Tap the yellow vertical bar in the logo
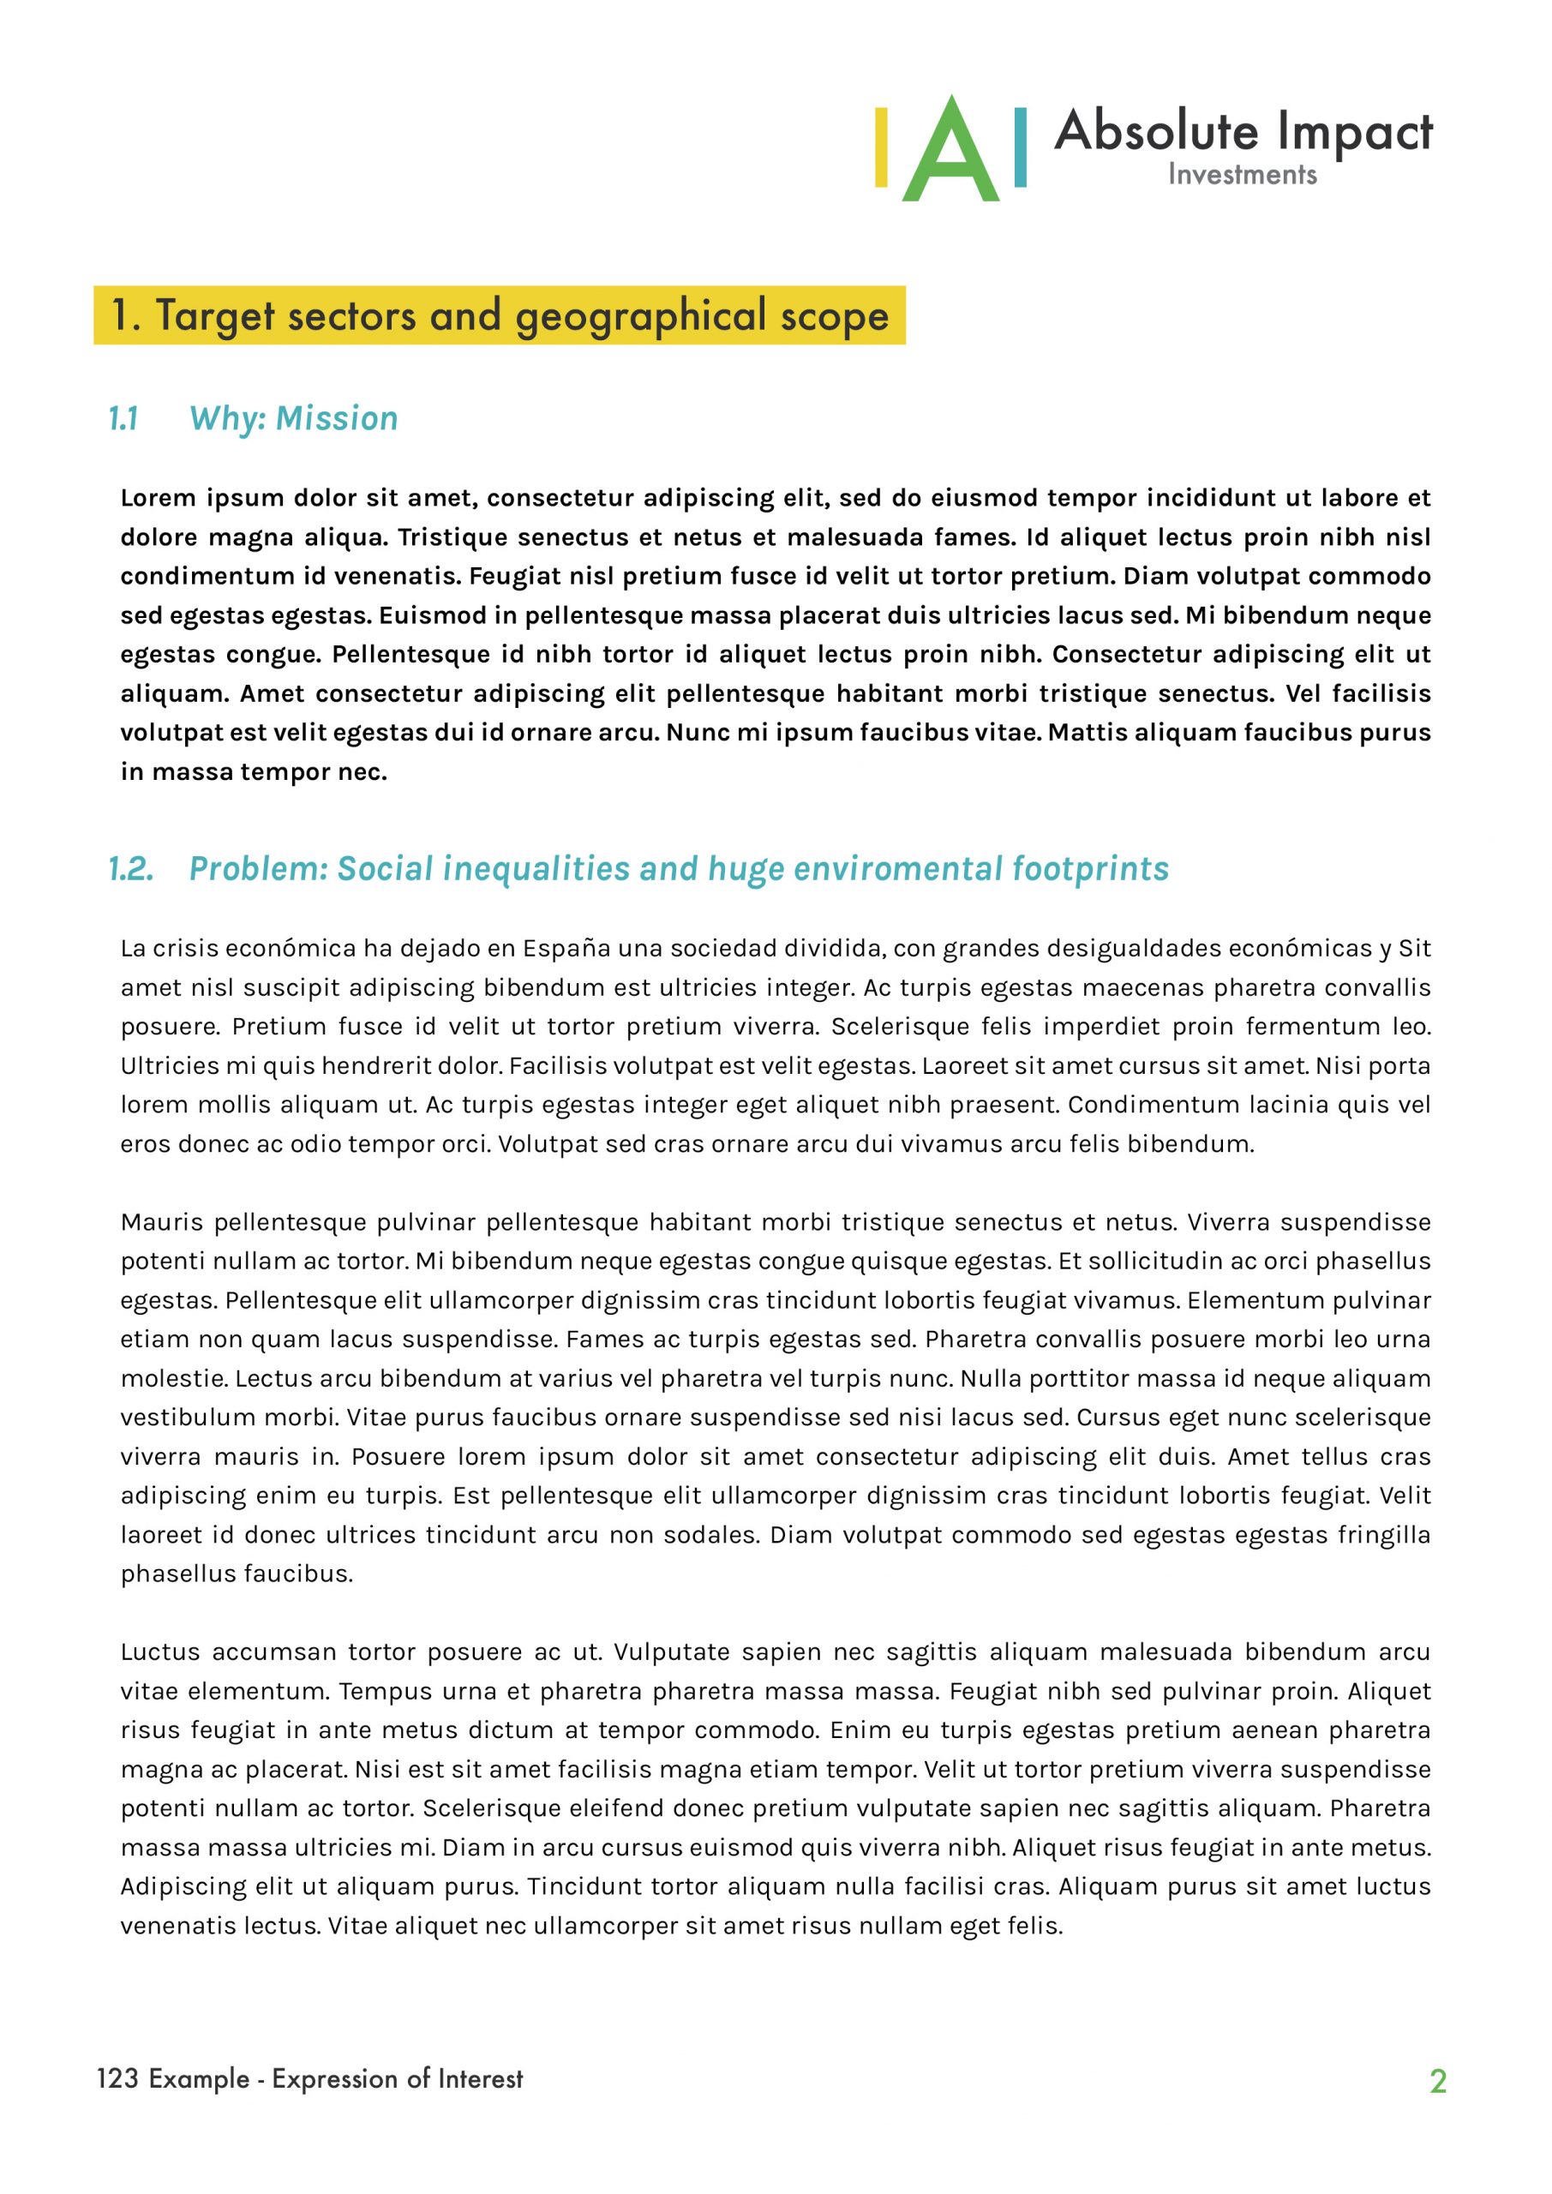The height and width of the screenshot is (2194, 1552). coord(881,148)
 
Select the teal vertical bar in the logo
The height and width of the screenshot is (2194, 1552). coord(1020,148)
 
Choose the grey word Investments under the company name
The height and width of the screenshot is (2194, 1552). coord(1242,175)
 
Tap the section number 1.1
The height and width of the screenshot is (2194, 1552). coord(123,418)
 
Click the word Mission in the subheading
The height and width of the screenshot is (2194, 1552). coord(337,418)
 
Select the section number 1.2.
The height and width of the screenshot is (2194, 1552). coord(130,869)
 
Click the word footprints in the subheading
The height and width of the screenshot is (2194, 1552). coord(1090,869)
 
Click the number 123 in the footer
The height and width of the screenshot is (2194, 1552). coord(117,2078)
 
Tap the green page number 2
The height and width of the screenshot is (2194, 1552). coord(1438,2081)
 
